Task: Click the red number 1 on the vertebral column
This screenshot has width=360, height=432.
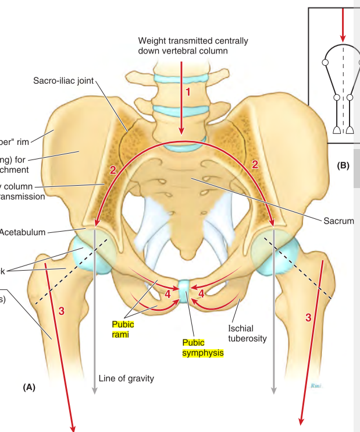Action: coord(187,92)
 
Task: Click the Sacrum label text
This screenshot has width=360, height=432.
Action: coord(340,221)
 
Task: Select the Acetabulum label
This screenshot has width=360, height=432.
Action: coord(23,232)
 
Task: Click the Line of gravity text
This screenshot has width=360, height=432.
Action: coord(126,378)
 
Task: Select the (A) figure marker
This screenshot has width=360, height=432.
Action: coord(30,387)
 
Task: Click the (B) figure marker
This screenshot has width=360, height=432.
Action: coord(343,165)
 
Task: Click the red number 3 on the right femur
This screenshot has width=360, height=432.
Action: coord(308,317)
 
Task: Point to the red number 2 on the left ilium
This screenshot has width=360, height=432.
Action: coord(114,170)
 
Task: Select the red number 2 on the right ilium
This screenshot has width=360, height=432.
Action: coord(254,165)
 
